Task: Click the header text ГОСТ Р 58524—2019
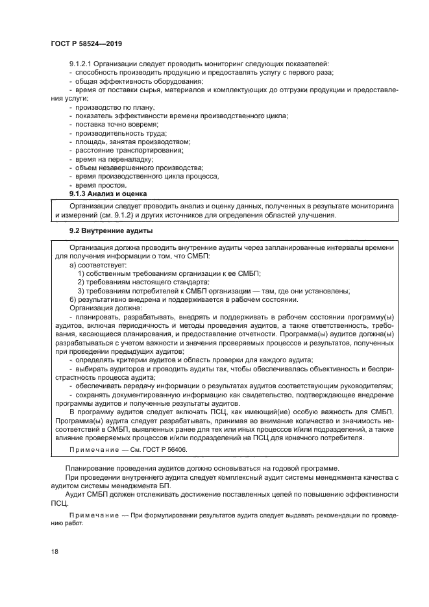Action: [86, 43]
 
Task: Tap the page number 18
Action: [55, 551]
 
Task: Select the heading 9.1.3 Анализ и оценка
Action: [108, 194]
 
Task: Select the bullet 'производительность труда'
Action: [119, 132]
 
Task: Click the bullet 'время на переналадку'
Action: [114, 159]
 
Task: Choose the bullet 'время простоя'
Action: [100, 185]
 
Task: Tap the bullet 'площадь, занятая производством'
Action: [133, 142]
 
